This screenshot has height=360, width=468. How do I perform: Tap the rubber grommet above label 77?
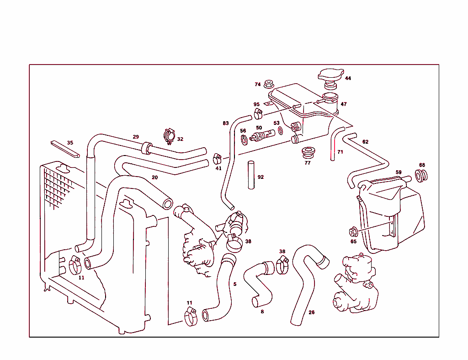(308, 152)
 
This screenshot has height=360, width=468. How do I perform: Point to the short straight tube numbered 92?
(251, 175)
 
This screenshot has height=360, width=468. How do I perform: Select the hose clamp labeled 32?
(169, 135)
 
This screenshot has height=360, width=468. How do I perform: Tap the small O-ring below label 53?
(280, 132)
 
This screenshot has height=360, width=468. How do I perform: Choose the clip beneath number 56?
(244, 139)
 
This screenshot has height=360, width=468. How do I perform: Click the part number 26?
(311, 312)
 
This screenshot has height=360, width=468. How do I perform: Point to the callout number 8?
(262, 312)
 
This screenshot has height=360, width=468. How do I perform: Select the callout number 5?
(235, 284)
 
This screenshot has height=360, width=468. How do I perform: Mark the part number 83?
(226, 124)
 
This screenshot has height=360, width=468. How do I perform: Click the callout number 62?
(365, 142)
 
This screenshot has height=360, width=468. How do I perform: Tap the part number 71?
(340, 152)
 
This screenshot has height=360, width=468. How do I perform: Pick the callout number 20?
(155, 177)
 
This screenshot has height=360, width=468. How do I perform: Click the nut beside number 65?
(353, 231)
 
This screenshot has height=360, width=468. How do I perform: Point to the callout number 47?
(343, 104)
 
